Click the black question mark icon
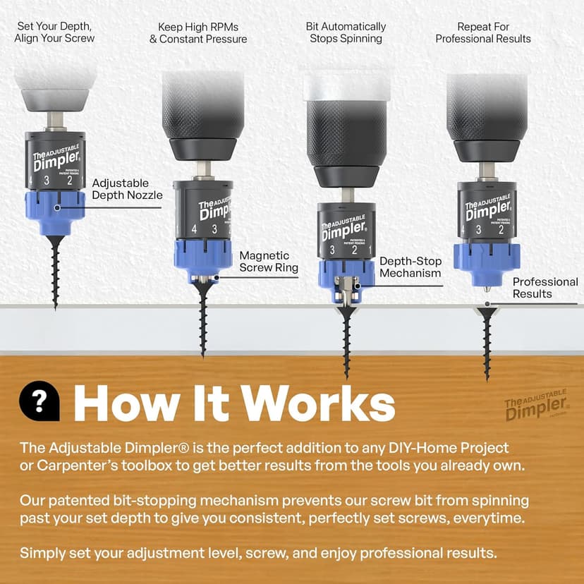pyautogui.click(x=39, y=401)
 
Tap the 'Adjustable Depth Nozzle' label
pyautogui.click(x=127, y=189)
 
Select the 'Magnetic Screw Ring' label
pyautogui.click(x=268, y=262)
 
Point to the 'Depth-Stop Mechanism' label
pyautogui.click(x=410, y=267)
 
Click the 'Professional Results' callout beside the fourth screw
pyautogui.click(x=545, y=288)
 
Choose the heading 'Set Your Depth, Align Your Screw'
pyautogui.click(x=54, y=32)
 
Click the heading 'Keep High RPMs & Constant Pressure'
pyautogui.click(x=198, y=32)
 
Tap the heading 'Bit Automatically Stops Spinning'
pyautogui.click(x=346, y=32)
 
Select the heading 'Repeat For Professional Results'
pyautogui.click(x=483, y=32)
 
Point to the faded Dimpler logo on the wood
pyautogui.click(x=537, y=408)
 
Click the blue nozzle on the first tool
pyautogui.click(x=55, y=212)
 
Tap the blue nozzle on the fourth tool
pyautogui.click(x=486, y=264)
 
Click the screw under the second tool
pyautogui.click(x=203, y=317)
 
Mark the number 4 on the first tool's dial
pyautogui.click(x=32, y=181)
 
